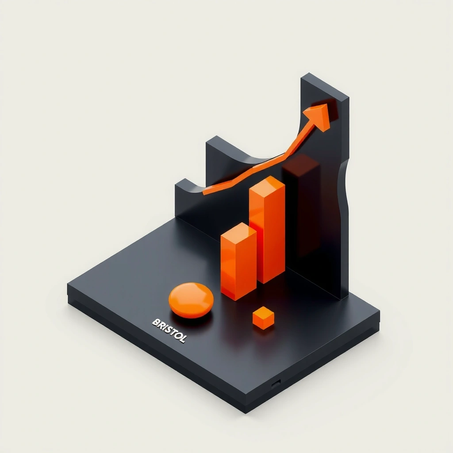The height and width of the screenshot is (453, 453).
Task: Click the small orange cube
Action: [263, 318]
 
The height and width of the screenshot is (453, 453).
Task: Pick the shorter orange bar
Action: [238, 261]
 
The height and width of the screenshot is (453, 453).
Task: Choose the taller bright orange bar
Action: [267, 230]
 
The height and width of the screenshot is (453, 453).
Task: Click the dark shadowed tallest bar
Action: [301, 206]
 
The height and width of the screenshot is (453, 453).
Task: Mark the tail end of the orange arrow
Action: [203, 193]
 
